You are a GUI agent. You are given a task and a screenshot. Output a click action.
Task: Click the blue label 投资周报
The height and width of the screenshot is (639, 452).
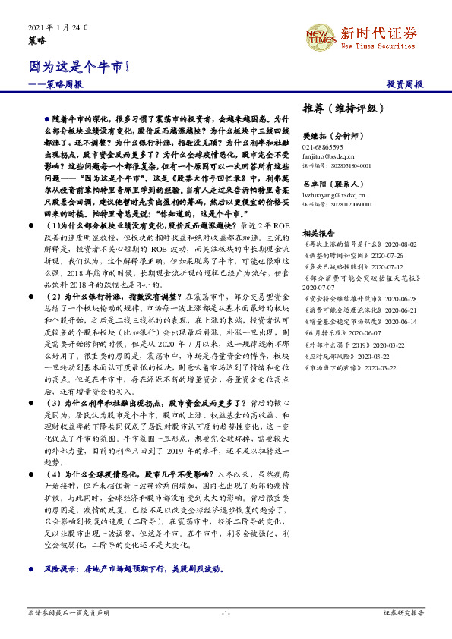point(405,84)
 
